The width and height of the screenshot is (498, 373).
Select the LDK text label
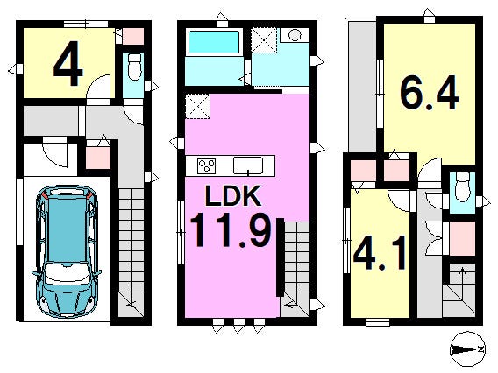point(233,196)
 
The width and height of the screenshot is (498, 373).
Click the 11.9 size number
point(231,229)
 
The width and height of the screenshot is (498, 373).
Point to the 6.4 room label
point(429,93)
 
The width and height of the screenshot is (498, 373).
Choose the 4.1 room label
point(380,252)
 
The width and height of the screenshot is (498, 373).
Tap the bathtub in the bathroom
point(214,42)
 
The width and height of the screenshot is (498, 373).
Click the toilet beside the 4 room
point(135,67)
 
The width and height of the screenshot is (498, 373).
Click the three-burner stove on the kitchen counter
point(206,165)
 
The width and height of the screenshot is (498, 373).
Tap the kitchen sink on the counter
point(248,165)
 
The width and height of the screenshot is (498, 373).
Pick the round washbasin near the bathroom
point(295,34)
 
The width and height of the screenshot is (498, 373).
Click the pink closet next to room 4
point(133,36)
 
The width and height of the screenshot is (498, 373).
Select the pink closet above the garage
point(98,158)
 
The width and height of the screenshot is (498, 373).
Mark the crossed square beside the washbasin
point(264,40)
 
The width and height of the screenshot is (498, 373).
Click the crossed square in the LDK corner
point(197,106)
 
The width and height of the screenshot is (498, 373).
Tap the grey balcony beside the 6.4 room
point(363,87)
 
